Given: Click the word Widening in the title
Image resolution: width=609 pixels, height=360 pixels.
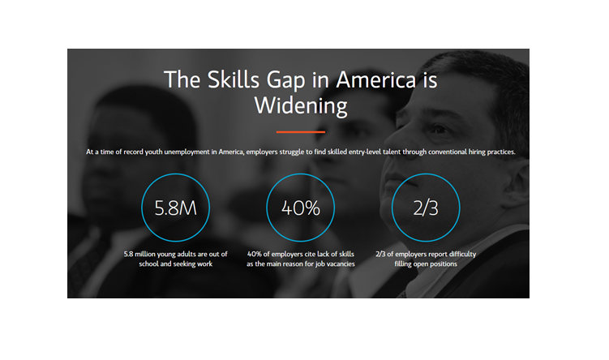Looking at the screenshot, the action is pyautogui.click(x=301, y=106).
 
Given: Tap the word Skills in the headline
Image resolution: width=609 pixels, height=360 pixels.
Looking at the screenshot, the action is pyautogui.click(x=233, y=79).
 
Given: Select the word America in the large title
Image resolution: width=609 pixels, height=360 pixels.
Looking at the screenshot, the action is pyautogui.click(x=376, y=79).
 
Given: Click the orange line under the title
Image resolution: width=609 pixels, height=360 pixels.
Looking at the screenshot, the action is pyautogui.click(x=301, y=132).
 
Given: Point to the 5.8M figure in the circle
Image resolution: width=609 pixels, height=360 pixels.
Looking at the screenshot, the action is pyautogui.click(x=175, y=208).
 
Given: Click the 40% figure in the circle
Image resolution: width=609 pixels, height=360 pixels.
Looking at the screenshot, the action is pyautogui.click(x=301, y=208).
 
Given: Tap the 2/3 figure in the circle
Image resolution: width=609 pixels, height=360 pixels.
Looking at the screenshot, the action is pyautogui.click(x=426, y=208).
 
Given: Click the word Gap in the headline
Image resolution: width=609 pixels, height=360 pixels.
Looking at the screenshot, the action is pyautogui.click(x=286, y=81).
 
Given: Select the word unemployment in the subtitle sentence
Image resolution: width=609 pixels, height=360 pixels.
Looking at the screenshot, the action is pyautogui.click(x=187, y=152).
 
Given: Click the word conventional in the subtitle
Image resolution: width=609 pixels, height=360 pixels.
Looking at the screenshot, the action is pyautogui.click(x=448, y=152).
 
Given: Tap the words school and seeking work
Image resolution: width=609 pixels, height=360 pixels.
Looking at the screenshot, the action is pyautogui.click(x=175, y=264).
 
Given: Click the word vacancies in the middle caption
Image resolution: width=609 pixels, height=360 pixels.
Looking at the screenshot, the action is pyautogui.click(x=341, y=264).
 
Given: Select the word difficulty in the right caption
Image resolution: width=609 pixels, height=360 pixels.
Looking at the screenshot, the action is pyautogui.click(x=462, y=254).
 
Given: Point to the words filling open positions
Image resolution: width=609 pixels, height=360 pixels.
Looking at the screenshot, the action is pyautogui.click(x=426, y=264).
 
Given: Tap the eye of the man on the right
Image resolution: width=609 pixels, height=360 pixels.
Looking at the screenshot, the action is pyautogui.click(x=440, y=129).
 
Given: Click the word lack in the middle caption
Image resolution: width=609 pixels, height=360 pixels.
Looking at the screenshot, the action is pyautogui.click(x=323, y=254).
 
